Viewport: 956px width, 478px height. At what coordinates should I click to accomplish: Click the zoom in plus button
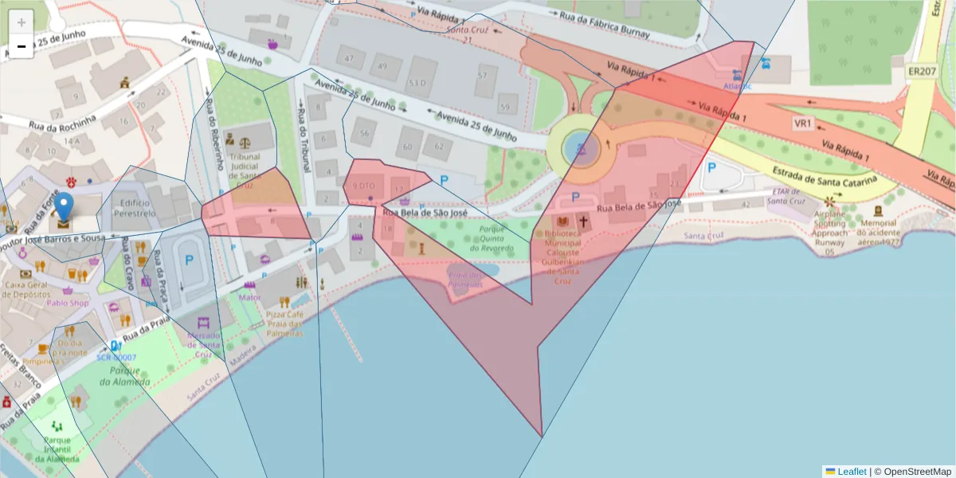[22, 22]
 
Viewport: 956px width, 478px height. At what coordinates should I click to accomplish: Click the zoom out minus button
[22, 46]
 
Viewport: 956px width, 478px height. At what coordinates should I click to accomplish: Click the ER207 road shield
[921, 72]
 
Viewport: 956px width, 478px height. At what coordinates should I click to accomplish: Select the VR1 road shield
[802, 123]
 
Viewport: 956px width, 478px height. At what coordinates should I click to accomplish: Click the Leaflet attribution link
[852, 472]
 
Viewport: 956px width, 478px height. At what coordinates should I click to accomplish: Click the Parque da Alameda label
[124, 376]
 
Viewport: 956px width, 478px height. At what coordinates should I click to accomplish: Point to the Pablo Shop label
[67, 303]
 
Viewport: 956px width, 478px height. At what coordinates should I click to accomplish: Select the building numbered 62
[438, 146]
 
